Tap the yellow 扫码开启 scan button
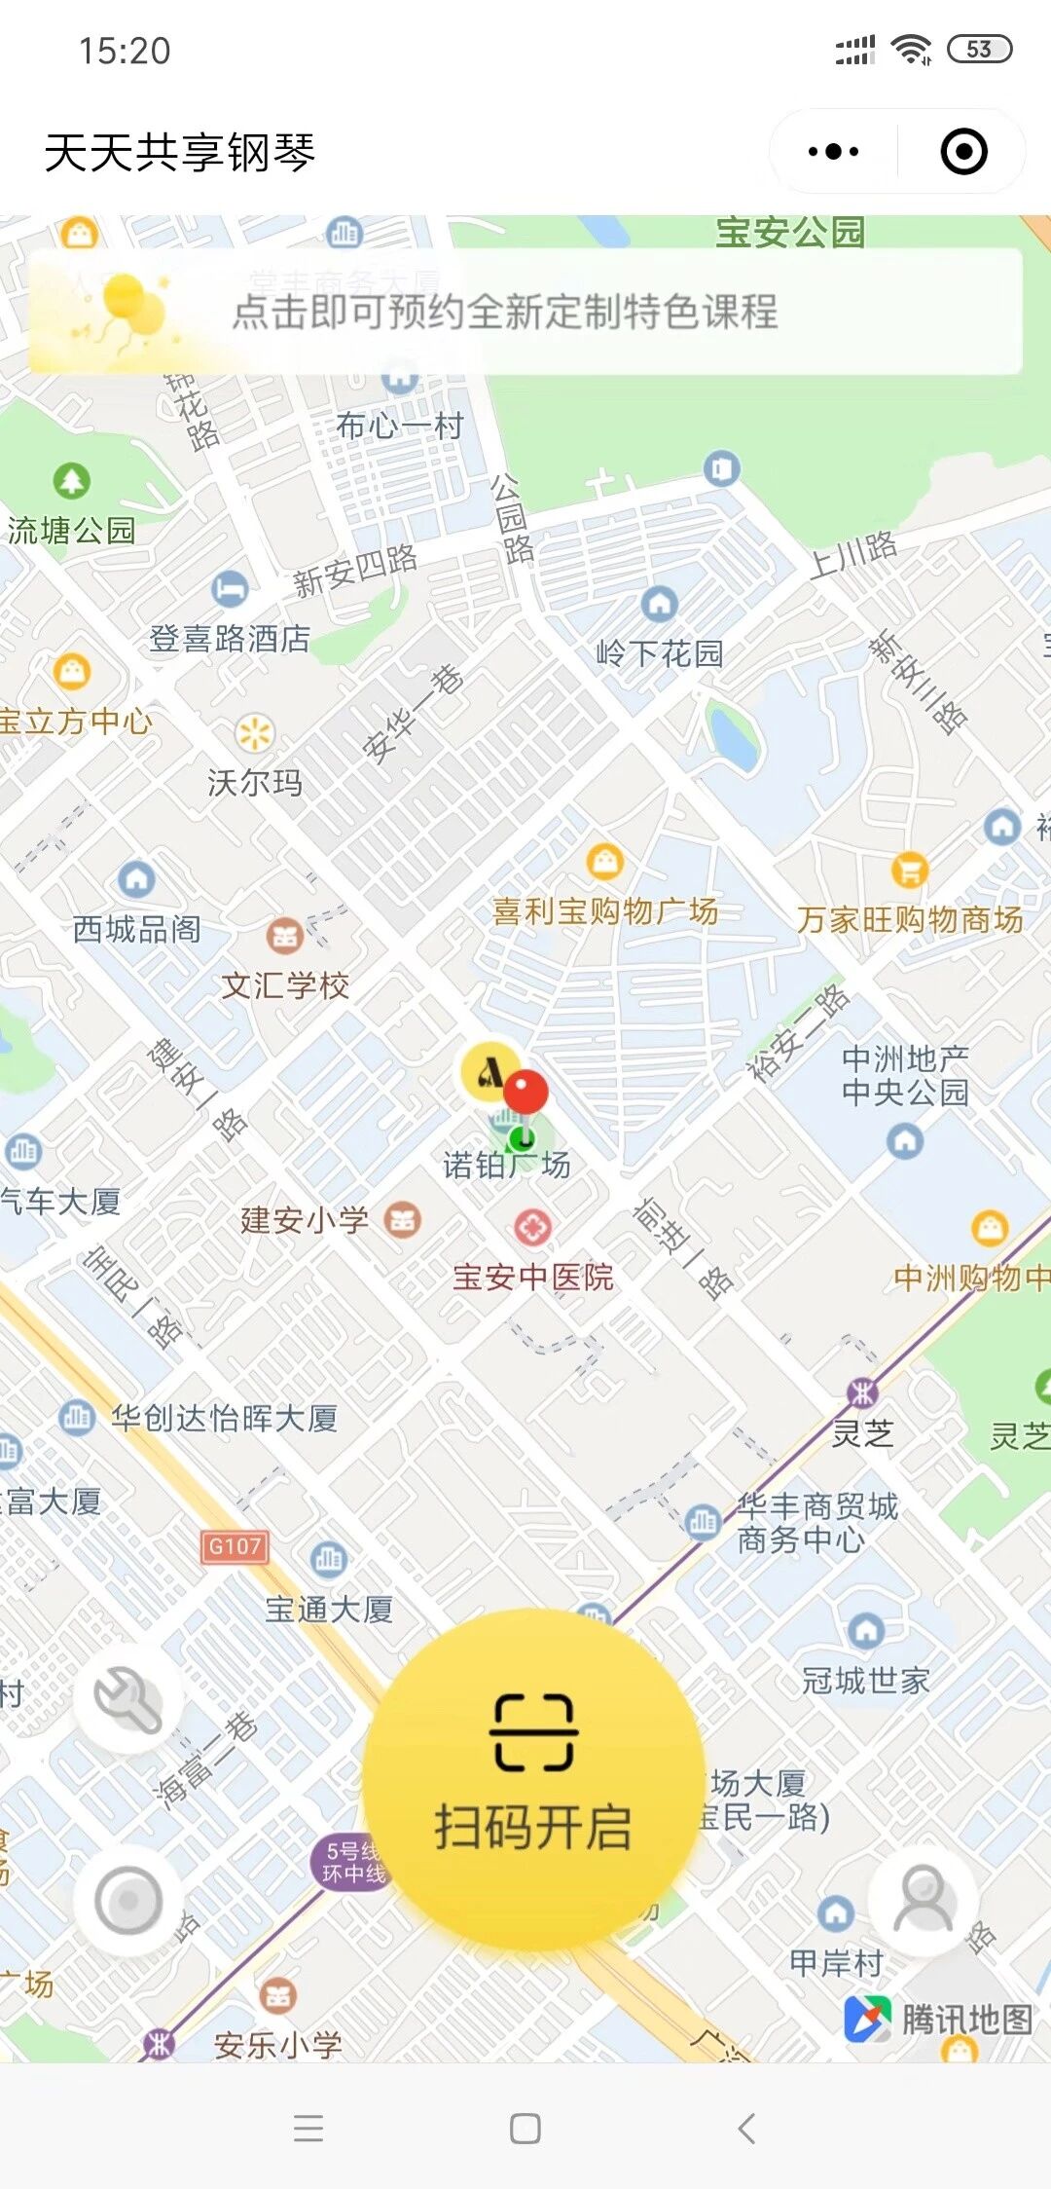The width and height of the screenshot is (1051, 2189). coord(533,1778)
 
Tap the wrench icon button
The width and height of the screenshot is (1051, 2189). coord(127,1700)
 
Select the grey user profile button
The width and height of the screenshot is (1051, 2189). coord(923,1899)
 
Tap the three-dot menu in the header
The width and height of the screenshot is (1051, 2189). coord(834,152)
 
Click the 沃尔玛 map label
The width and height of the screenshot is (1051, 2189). coord(255,782)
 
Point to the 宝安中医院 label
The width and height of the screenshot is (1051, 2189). coord(533,1277)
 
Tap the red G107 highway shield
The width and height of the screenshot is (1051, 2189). coord(235,1546)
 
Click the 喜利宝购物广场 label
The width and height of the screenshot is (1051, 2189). coord(605,911)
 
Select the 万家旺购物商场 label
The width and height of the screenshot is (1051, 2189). coord(910,919)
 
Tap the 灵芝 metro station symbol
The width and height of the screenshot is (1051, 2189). coord(862,1392)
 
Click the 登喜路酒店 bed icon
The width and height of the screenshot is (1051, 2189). coord(230,588)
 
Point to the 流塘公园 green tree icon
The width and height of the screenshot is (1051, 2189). coord(71,480)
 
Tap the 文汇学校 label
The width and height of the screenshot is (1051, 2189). coord(285,985)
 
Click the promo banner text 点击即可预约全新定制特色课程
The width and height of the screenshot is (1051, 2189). coord(505,312)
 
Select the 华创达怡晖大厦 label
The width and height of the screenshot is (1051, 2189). coord(224,1418)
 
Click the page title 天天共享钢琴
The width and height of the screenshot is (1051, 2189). coord(180,153)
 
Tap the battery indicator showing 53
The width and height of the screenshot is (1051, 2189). coord(979,50)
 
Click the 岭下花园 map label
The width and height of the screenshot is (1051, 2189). coord(660,652)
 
